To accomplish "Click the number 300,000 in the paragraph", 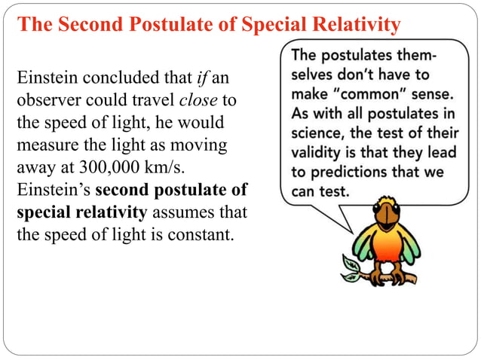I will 98,167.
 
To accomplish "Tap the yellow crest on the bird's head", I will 386,202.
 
